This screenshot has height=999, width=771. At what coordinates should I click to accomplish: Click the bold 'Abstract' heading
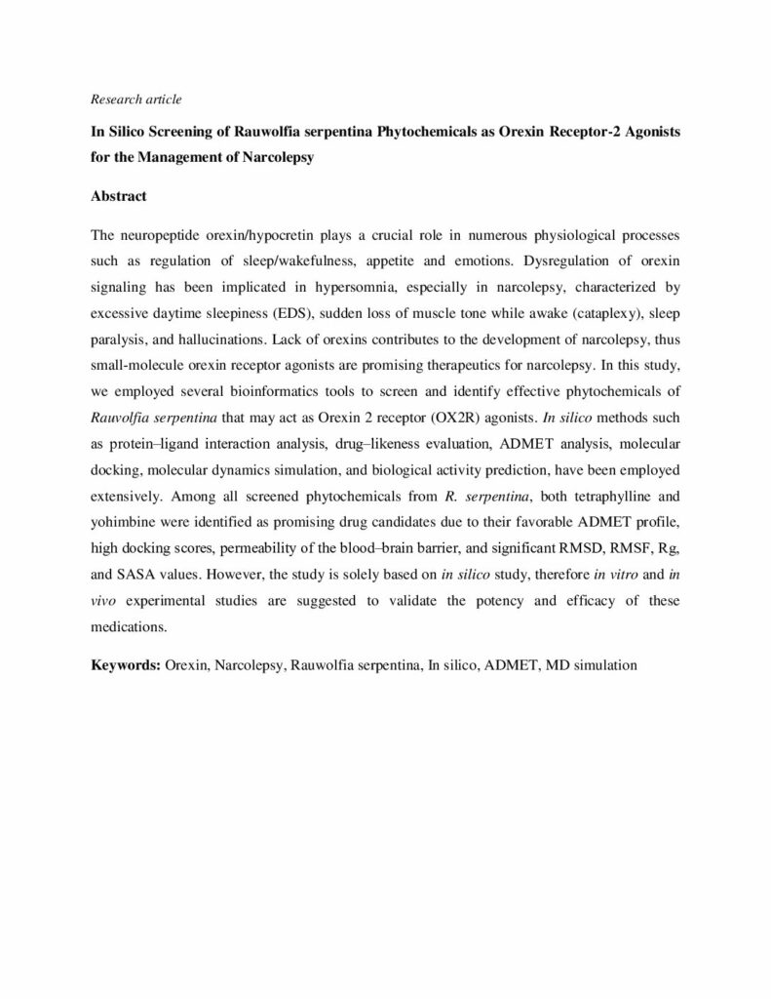(x=118, y=196)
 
